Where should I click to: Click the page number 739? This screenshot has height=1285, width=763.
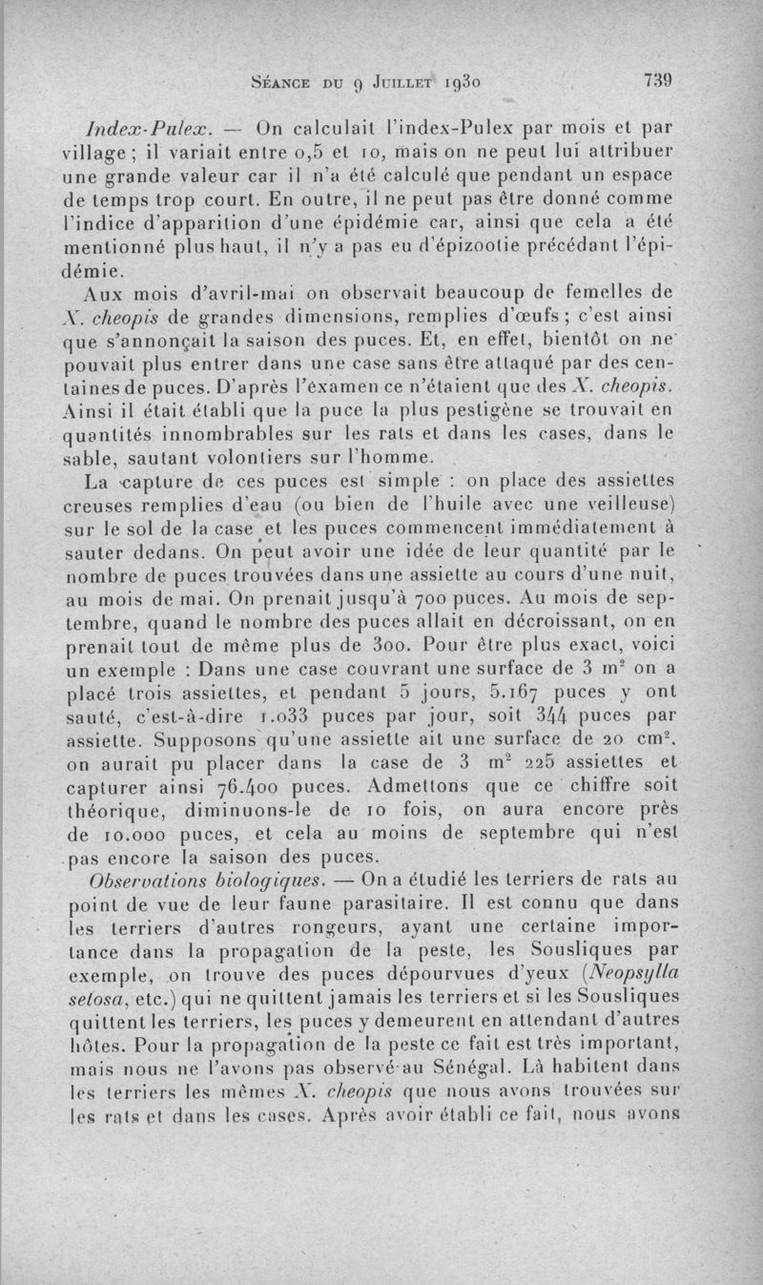pyautogui.click(x=659, y=82)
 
